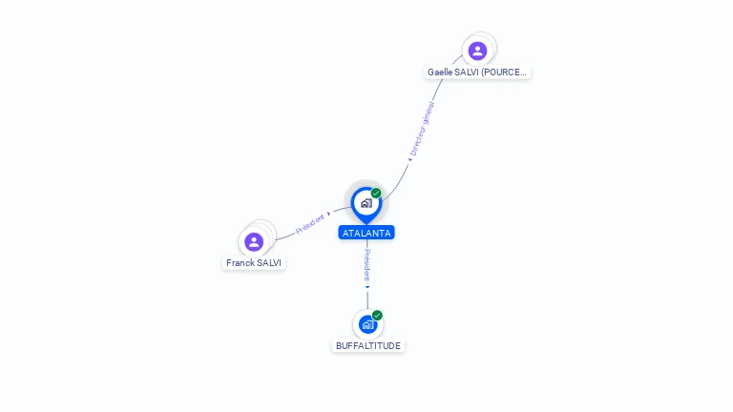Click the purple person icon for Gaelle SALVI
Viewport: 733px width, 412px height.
click(477, 51)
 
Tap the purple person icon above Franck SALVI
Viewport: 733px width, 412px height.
click(254, 241)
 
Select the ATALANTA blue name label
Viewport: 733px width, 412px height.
click(366, 233)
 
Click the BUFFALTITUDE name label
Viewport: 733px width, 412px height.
click(368, 345)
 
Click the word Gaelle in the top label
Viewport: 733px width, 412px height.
click(440, 72)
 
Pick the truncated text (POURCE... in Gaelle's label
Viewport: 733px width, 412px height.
click(504, 72)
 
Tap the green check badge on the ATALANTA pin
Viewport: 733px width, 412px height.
click(376, 194)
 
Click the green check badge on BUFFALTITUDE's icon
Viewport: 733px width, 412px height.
click(377, 316)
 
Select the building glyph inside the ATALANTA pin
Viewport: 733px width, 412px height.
click(366, 203)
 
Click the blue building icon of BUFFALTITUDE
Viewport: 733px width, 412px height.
click(367, 324)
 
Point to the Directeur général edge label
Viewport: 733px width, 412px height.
click(423, 128)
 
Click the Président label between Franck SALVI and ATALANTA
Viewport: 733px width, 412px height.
click(310, 222)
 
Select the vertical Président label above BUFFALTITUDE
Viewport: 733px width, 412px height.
click(367, 265)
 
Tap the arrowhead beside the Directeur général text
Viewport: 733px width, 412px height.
click(409, 159)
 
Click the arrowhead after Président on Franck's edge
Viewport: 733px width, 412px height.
click(329, 214)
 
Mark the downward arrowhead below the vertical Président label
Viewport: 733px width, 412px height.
click(367, 287)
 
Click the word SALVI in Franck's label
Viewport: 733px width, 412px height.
click(270, 262)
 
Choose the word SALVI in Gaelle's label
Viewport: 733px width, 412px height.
click(467, 72)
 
